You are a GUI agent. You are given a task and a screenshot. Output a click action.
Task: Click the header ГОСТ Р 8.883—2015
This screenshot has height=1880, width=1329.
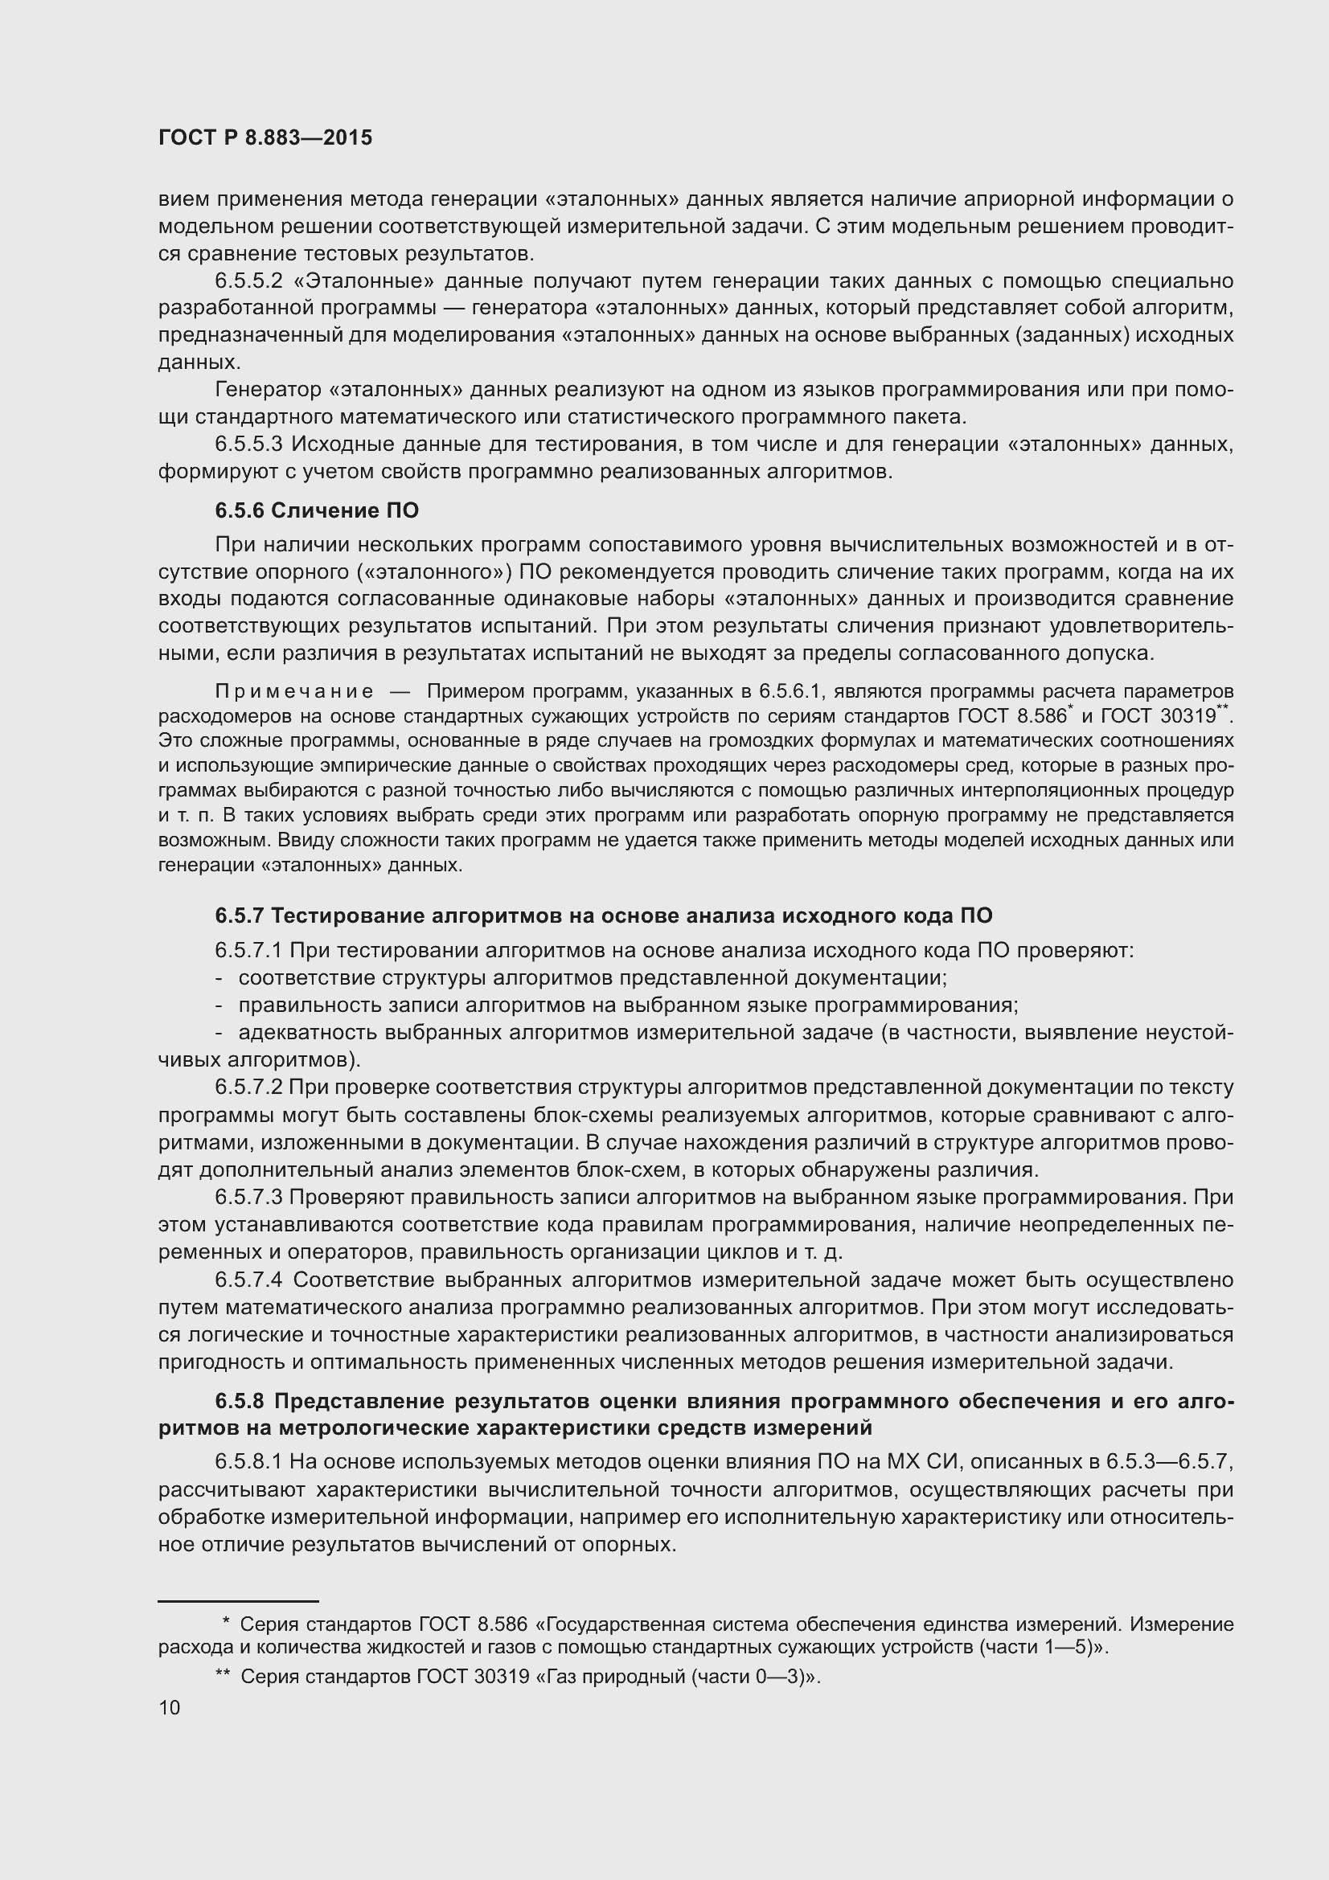tap(265, 137)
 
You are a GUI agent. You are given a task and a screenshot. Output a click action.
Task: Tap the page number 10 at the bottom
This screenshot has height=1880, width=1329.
tap(170, 1707)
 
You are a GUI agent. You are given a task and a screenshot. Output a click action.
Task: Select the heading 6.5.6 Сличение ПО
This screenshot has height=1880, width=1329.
tap(317, 511)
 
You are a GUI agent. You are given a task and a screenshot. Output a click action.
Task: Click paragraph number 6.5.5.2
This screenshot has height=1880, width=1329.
tap(248, 281)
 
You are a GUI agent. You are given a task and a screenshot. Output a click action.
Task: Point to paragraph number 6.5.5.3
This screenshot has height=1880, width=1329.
tap(248, 444)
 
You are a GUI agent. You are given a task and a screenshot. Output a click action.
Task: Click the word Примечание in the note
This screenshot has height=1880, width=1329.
tap(294, 692)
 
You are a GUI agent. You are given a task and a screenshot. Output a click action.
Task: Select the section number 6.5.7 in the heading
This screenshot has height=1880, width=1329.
tap(239, 915)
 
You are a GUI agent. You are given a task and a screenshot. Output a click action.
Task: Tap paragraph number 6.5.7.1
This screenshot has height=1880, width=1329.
tap(248, 951)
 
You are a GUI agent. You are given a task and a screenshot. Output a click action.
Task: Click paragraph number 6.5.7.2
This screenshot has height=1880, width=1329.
tap(248, 1087)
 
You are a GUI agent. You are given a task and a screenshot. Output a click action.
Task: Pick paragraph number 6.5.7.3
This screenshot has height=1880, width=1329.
tap(248, 1197)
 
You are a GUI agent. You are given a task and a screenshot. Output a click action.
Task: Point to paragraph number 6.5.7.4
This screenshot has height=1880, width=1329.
tap(248, 1280)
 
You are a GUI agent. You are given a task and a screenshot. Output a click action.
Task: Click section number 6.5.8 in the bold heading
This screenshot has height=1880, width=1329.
tap(240, 1401)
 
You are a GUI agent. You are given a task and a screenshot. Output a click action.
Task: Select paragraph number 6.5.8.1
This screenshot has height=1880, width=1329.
tap(248, 1461)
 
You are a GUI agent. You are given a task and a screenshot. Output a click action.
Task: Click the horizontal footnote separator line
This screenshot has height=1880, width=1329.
tap(237, 1601)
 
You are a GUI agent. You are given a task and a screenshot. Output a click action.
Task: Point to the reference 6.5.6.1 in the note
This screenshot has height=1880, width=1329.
tap(789, 692)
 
